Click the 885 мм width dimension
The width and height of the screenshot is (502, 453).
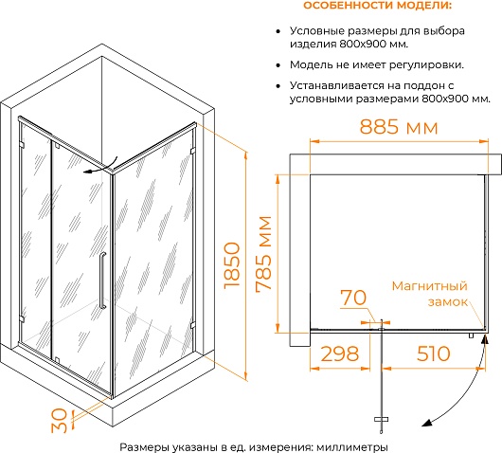(399, 127)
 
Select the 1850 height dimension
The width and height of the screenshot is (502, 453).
(232, 265)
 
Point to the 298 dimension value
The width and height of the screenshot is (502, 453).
(340, 353)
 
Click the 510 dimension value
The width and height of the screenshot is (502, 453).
(434, 353)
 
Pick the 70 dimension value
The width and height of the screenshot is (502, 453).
(353, 298)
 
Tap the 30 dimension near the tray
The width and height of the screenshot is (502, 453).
(60, 421)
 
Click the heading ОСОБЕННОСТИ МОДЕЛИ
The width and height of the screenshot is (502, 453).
(378, 6)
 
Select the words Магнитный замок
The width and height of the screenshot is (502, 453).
(430, 294)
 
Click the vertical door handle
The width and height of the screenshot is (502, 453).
(102, 281)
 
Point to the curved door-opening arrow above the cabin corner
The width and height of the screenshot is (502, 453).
(100, 166)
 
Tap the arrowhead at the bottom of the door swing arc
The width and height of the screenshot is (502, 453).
(427, 423)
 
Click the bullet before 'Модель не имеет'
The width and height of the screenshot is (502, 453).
(278, 65)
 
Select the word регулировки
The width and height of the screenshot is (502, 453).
(426, 65)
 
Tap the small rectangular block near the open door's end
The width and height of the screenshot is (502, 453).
(381, 419)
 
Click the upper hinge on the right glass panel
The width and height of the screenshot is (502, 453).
(192, 151)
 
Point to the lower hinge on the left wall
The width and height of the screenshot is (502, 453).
(22, 318)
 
